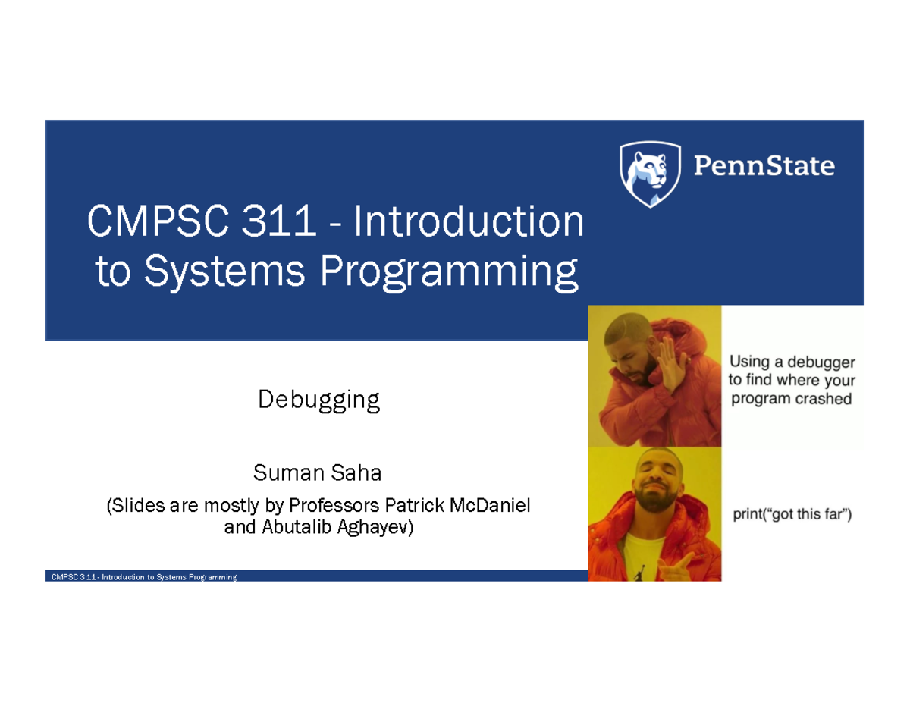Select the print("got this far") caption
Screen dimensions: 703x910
(x=792, y=516)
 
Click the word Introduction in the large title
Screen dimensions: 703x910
(x=470, y=223)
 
